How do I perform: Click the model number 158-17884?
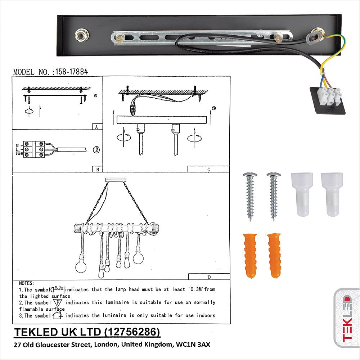[71, 72]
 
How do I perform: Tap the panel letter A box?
[95, 127]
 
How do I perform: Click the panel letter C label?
[208, 169]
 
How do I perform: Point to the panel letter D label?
[209, 276]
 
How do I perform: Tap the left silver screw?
[250, 196]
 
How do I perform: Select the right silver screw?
[274, 196]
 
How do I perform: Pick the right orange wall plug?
[274, 255]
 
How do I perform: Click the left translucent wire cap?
[302, 194]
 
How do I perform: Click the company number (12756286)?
[132, 332]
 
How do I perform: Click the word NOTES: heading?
[27, 283]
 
